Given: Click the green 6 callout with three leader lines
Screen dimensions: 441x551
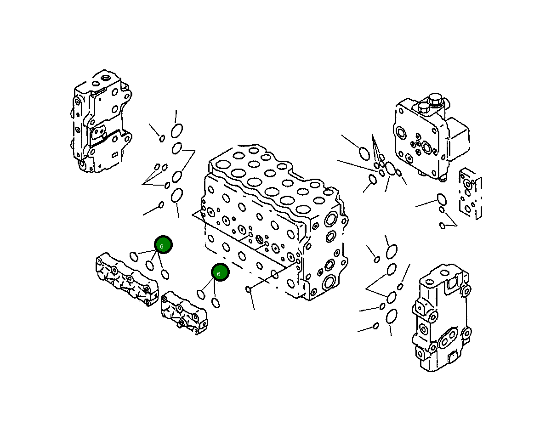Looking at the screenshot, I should (x=163, y=245).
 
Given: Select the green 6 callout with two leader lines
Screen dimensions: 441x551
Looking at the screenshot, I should (x=220, y=272).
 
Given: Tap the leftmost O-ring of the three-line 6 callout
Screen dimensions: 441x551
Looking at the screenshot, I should (x=134, y=256).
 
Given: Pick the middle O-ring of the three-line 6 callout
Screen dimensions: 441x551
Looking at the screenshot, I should (x=150, y=265).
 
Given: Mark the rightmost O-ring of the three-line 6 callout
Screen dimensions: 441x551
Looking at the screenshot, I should (x=165, y=275).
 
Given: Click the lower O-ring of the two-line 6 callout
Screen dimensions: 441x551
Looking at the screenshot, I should (x=216, y=302).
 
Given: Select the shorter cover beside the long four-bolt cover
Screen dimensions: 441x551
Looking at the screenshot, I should (x=184, y=312).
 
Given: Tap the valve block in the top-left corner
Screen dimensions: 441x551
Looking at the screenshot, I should (x=101, y=122).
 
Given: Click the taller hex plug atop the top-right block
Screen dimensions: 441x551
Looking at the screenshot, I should (x=434, y=100).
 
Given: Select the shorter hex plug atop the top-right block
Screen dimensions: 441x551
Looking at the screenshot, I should (x=424, y=108).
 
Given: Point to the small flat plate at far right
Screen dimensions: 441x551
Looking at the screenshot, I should (x=471, y=193).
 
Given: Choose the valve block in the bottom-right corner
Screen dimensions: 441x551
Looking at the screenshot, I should (x=441, y=317).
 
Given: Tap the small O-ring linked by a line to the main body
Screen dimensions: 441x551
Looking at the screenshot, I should (x=249, y=289).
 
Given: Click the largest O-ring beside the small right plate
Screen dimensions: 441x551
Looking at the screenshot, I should (x=442, y=199).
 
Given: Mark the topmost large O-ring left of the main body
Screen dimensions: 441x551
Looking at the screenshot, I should (x=177, y=131).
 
